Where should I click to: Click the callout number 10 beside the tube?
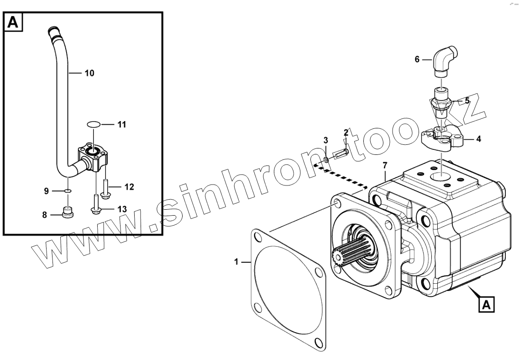[89, 73]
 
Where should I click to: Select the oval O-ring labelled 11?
[93, 124]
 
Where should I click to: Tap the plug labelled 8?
[68, 212]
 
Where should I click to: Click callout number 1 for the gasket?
[236, 262]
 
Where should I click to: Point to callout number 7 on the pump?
[385, 164]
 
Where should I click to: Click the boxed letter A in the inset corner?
[14, 23]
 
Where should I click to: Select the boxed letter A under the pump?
[487, 304]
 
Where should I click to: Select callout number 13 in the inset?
[122, 209]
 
